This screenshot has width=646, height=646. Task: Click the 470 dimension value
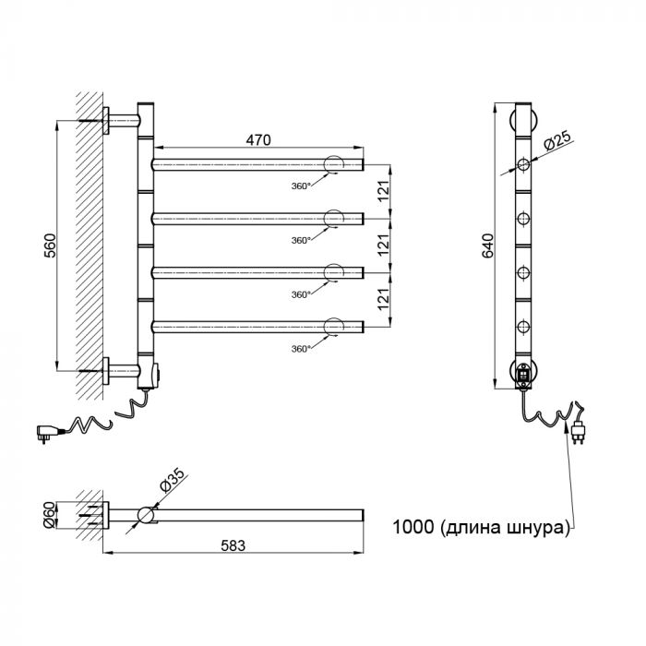(x=258, y=140)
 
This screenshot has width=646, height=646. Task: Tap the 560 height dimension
(x=50, y=245)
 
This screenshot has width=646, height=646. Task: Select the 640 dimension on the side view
(x=487, y=246)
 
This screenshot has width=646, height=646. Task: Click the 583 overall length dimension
(x=233, y=545)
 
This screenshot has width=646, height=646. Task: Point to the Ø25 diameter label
(x=557, y=139)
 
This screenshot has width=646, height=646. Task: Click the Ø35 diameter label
(x=173, y=480)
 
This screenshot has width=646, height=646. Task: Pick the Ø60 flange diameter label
(x=49, y=515)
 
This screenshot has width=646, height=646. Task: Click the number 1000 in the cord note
(x=413, y=527)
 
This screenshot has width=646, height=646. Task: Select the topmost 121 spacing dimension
(x=383, y=191)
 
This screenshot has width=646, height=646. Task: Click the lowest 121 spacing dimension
(x=383, y=300)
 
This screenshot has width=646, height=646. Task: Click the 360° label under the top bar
(x=300, y=186)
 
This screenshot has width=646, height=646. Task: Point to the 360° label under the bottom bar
(x=300, y=349)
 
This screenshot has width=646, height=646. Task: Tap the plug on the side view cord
(x=580, y=430)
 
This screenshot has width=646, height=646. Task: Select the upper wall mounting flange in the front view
(x=106, y=121)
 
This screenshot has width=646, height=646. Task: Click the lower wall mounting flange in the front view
(x=106, y=371)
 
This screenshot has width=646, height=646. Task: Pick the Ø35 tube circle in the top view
(x=146, y=515)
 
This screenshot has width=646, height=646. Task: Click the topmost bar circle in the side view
(x=523, y=164)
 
